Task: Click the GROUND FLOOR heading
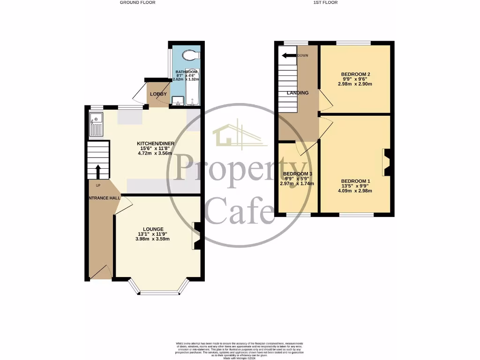[137, 2]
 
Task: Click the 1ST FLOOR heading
[325, 2]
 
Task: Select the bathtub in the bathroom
[193, 89]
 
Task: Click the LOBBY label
[158, 94]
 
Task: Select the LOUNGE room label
[153, 229]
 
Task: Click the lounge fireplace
[197, 236]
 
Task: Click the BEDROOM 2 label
[356, 75]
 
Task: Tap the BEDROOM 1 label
[356, 181]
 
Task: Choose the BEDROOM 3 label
[297, 173]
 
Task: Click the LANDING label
[298, 93]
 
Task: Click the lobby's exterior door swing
[139, 96]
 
